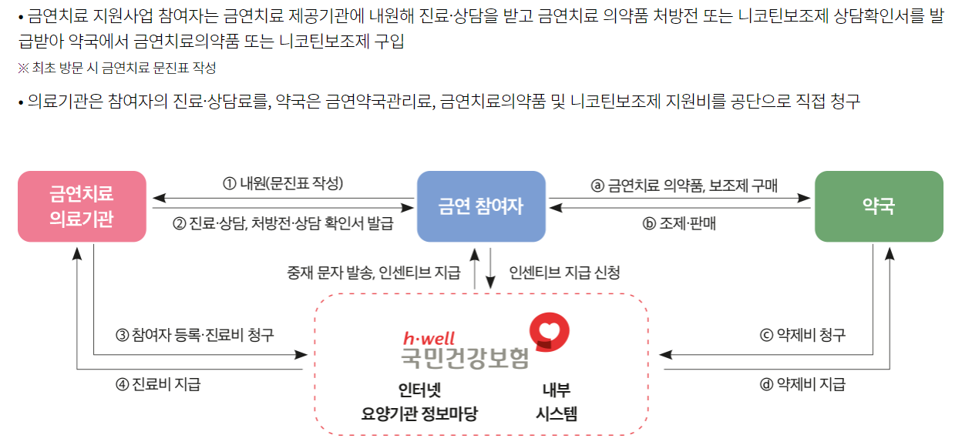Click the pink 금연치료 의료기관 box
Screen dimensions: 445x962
click(x=82, y=206)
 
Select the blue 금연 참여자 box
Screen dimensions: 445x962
click(x=481, y=206)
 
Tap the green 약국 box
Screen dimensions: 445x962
click(x=879, y=206)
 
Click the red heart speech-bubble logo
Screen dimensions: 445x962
click(x=549, y=331)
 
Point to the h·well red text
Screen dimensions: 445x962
click(x=429, y=338)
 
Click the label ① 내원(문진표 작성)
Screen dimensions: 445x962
click(x=283, y=184)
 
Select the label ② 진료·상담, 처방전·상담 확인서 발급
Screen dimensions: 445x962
click(x=283, y=224)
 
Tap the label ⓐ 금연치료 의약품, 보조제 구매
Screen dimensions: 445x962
click(x=684, y=185)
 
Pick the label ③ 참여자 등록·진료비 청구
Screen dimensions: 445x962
click(x=195, y=335)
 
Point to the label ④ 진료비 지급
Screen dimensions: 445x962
click(x=158, y=383)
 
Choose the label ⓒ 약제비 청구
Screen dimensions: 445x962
click(x=803, y=335)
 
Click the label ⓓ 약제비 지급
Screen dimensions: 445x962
click(x=803, y=384)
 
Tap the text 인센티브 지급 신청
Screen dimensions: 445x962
click(x=564, y=272)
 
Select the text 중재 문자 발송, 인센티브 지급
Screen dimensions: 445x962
click(x=374, y=272)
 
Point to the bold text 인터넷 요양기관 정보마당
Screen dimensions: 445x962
click(x=419, y=401)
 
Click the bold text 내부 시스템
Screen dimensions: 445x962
click(x=557, y=401)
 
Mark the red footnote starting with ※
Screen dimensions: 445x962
click(x=116, y=68)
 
